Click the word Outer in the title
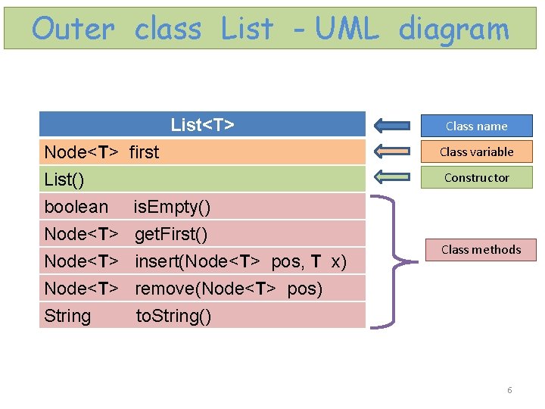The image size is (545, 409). coord(73,29)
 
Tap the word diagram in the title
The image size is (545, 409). coord(453,29)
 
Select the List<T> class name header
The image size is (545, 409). coord(202,125)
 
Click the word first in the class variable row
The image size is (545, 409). coord(144,152)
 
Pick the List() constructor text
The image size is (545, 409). coord(64,180)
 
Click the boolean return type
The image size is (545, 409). coord(76,207)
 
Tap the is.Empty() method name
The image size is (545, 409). coord(172,207)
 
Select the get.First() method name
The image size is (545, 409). coord(171,234)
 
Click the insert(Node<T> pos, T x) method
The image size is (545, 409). coord(241,261)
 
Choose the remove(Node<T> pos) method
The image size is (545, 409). coord(229,289)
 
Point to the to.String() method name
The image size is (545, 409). coord(173,316)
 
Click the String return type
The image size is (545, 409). coord(67,316)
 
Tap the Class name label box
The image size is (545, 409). coord(476,126)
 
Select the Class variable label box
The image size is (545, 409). coord(476,151)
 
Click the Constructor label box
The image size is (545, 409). coord(476,177)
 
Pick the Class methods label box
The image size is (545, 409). coord(481,249)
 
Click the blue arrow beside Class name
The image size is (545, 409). coord(392,126)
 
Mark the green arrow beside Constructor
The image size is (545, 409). coord(392,177)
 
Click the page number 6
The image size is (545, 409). coord(509,390)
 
